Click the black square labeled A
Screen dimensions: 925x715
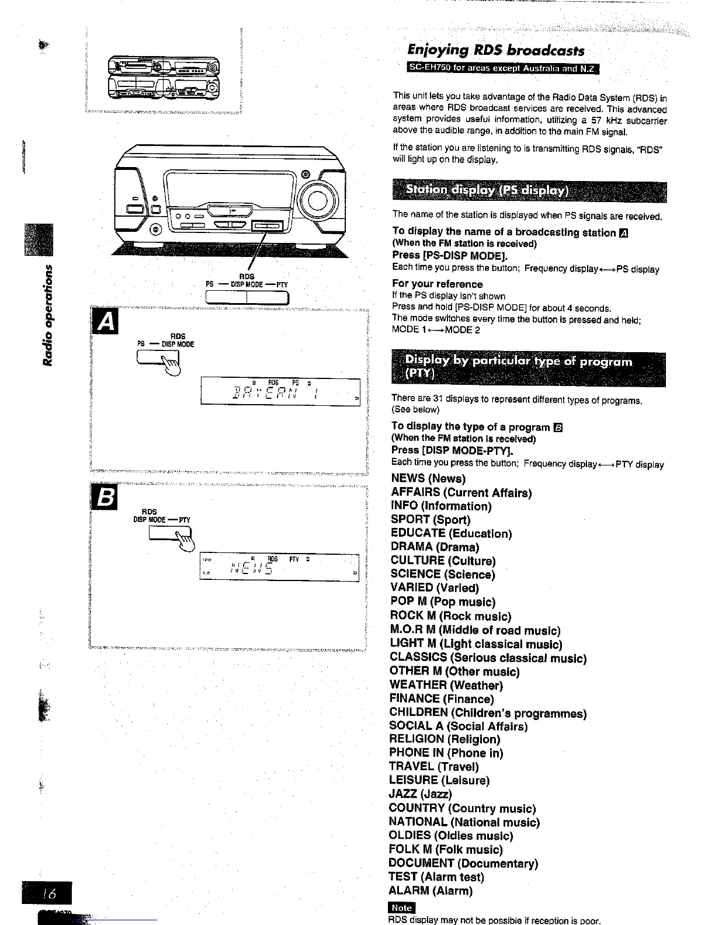click(105, 321)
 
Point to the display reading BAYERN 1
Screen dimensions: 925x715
click(280, 391)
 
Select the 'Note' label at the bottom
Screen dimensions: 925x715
click(401, 907)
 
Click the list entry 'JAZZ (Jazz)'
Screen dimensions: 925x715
click(420, 794)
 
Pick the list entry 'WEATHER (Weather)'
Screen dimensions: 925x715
click(446, 685)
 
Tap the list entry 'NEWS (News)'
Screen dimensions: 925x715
click(428, 479)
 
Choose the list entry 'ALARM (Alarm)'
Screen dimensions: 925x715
click(431, 891)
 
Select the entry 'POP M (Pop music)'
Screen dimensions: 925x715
click(442, 601)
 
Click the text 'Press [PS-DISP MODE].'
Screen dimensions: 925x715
click(450, 255)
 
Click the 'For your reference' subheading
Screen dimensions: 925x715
click(438, 284)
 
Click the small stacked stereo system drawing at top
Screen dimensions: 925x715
click(164, 79)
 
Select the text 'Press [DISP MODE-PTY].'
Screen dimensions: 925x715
click(452, 450)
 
